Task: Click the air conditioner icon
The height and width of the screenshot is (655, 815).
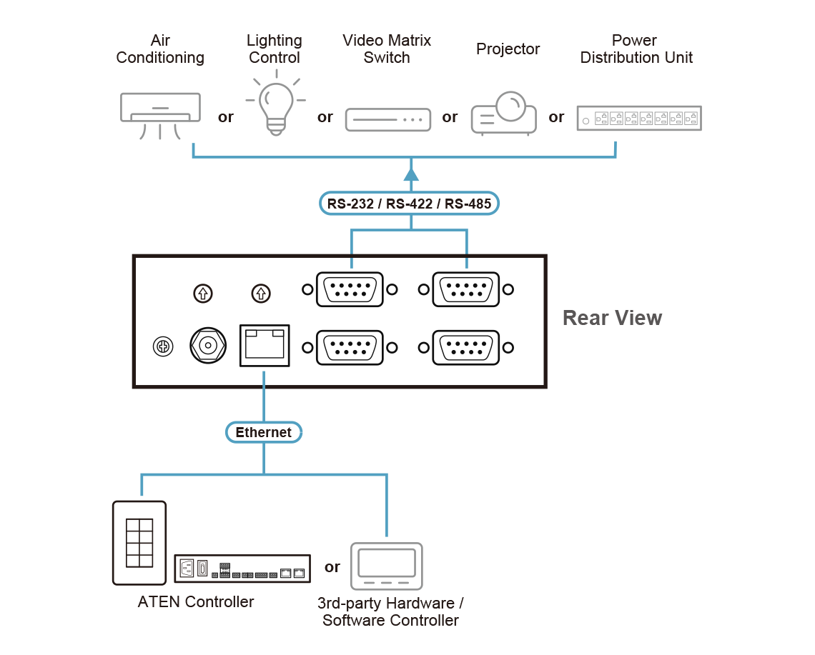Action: coord(160,109)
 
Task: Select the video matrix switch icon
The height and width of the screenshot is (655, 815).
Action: coord(388,119)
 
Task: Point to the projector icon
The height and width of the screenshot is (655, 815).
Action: coord(503,113)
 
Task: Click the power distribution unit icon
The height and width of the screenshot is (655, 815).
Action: coord(639,119)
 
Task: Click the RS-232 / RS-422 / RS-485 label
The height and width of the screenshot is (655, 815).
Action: coord(409,204)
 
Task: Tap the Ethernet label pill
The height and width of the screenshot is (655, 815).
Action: coord(264,432)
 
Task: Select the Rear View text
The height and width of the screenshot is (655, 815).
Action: coord(612,318)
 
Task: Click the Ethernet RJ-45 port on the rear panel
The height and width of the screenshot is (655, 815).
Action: coord(265,345)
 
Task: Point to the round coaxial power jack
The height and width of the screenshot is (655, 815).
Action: coord(208,346)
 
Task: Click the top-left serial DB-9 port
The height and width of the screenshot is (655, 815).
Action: coord(350,290)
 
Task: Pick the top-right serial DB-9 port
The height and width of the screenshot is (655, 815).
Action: coord(466,290)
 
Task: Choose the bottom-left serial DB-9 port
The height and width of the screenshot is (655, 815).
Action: coord(350,348)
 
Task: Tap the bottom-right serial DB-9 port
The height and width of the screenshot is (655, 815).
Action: coord(466,348)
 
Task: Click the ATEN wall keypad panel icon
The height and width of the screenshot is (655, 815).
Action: coord(139,542)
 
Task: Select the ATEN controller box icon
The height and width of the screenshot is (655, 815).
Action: coord(242,568)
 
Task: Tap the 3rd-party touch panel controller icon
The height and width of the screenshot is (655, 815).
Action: coord(387,566)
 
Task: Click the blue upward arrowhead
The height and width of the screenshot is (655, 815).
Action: coord(410,174)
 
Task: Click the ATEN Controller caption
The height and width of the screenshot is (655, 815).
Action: coord(195,601)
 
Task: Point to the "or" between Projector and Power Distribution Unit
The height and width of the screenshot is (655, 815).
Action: coord(556,117)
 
